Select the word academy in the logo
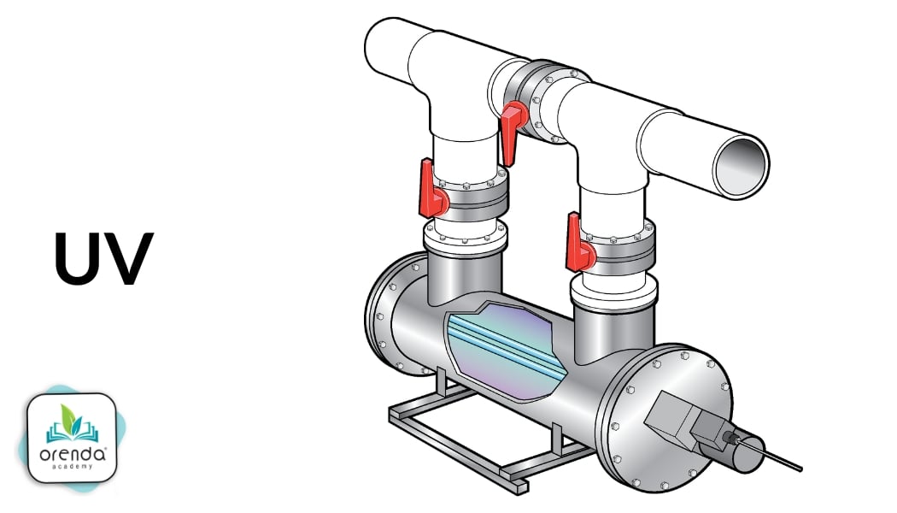click(73, 468)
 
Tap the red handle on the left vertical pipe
click(431, 192)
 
